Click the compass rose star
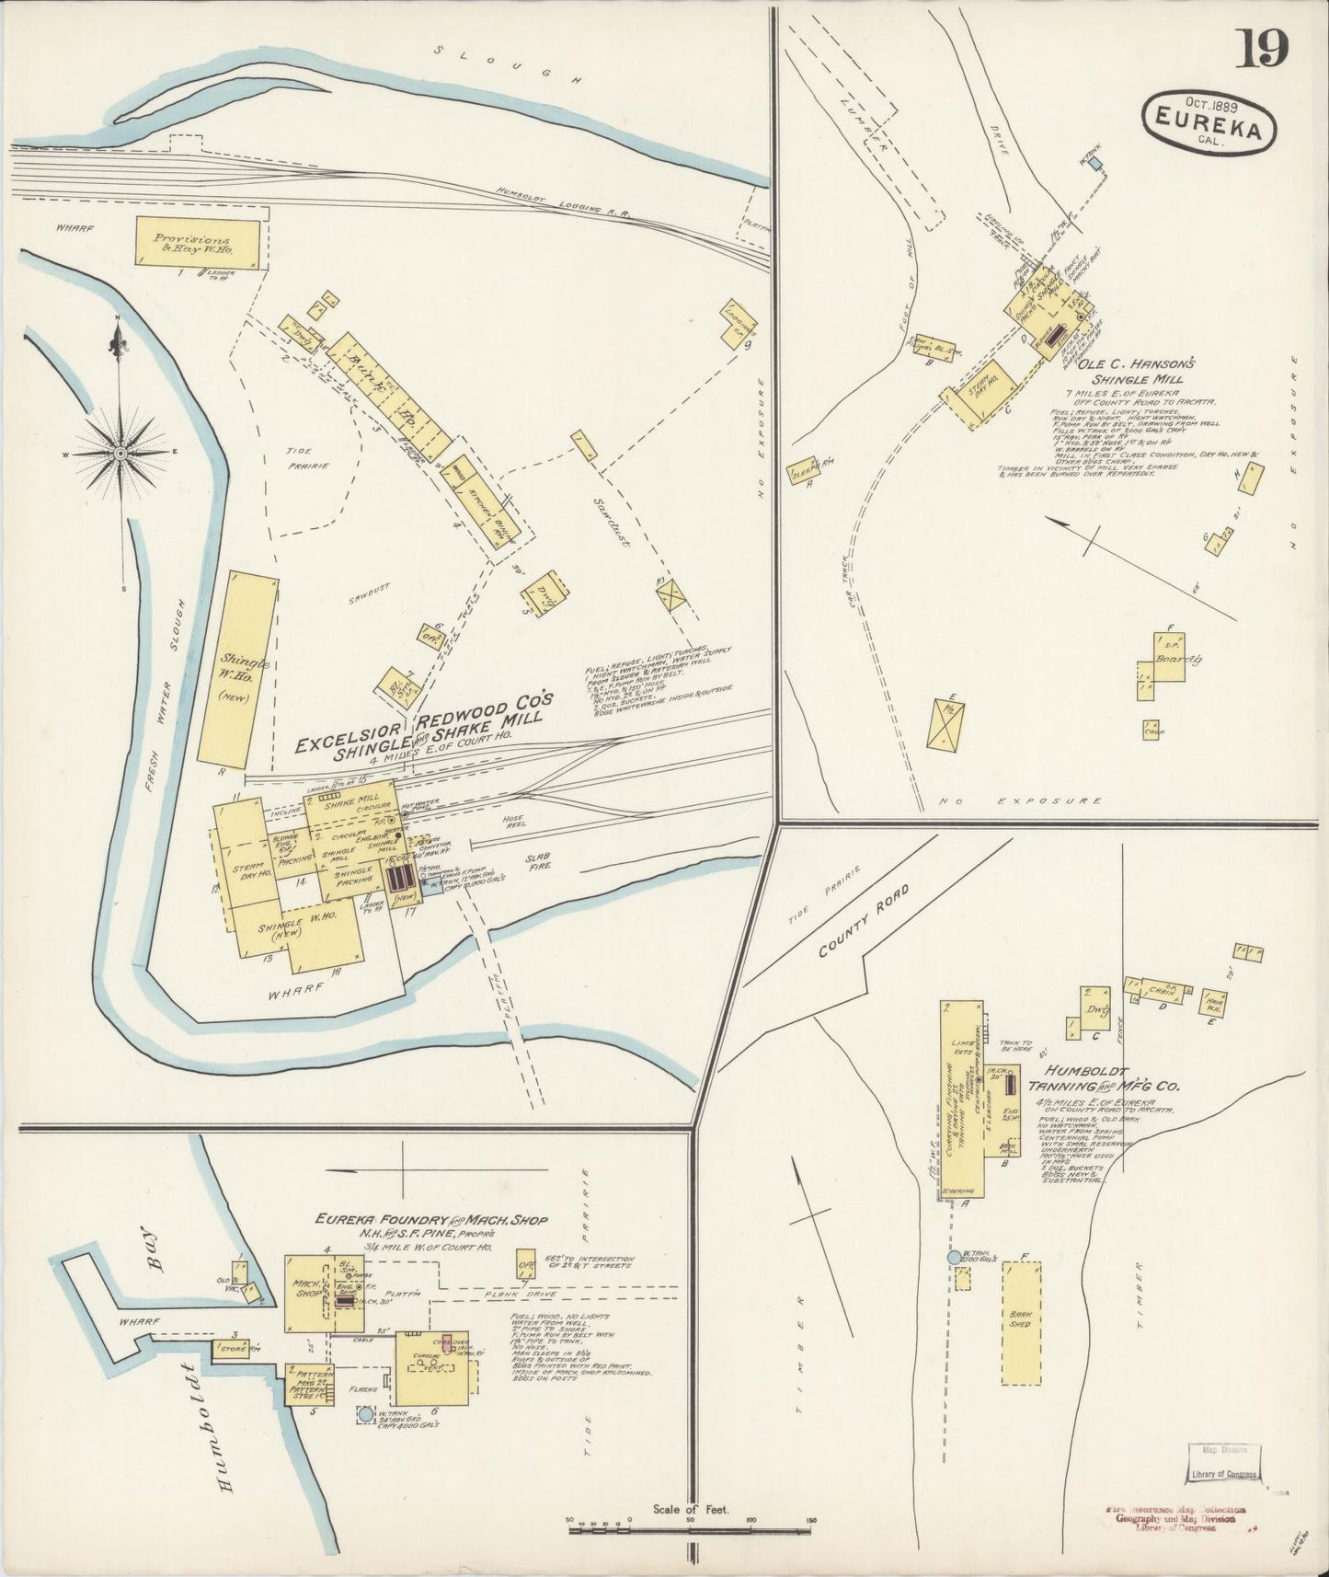tap(120, 454)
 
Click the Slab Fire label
tap(538, 860)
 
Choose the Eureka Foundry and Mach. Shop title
tap(431, 1219)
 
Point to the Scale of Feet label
tap(690, 1509)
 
